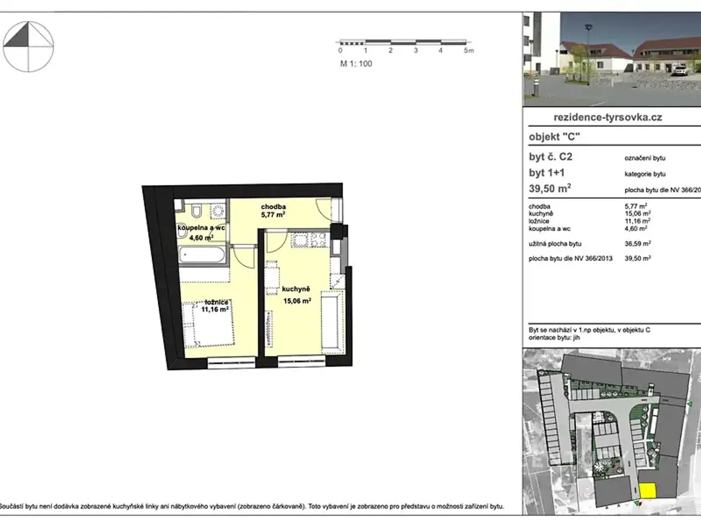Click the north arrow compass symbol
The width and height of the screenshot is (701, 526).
(x=28, y=47)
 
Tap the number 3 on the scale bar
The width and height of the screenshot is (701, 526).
(x=415, y=50)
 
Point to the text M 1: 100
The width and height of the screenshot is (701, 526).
(x=356, y=64)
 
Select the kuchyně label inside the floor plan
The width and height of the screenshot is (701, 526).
(x=296, y=289)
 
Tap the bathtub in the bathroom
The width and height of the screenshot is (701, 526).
(x=202, y=255)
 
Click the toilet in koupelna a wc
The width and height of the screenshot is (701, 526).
(x=196, y=211)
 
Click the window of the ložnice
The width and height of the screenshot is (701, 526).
(x=231, y=363)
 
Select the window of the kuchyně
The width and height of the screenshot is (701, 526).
(x=301, y=362)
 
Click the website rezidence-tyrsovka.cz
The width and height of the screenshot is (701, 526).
(x=608, y=117)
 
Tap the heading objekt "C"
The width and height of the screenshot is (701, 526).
(x=554, y=137)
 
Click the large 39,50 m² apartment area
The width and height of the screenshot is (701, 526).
(x=550, y=188)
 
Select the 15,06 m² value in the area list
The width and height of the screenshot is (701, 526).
(x=638, y=213)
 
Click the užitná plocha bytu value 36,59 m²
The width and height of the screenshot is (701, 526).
(x=638, y=244)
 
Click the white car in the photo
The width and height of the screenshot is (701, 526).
(x=679, y=70)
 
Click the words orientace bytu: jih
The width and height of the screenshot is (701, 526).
(x=554, y=338)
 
